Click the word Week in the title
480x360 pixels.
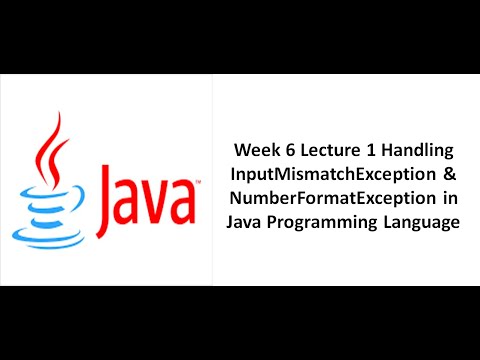(x=256, y=151)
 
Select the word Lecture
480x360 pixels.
(x=326, y=151)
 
